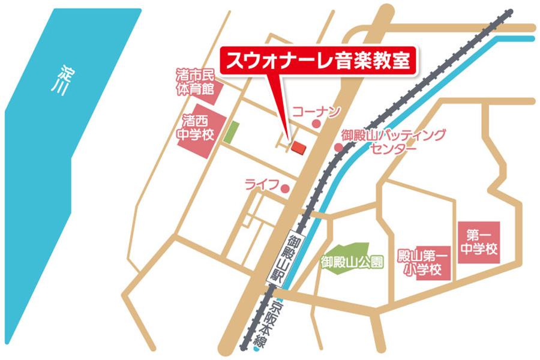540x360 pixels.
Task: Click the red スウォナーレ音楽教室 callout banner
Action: (x=317, y=61)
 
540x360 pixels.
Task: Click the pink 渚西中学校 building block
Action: (x=194, y=134)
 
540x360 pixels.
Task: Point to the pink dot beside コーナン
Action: (x=316, y=124)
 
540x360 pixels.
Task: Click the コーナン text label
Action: (x=316, y=111)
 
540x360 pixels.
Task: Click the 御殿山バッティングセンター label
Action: (x=394, y=142)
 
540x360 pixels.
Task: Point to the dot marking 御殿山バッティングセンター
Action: (x=338, y=147)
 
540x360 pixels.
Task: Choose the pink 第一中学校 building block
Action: (x=479, y=242)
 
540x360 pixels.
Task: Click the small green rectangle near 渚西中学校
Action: (x=231, y=132)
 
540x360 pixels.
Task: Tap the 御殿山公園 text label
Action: (x=352, y=262)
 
